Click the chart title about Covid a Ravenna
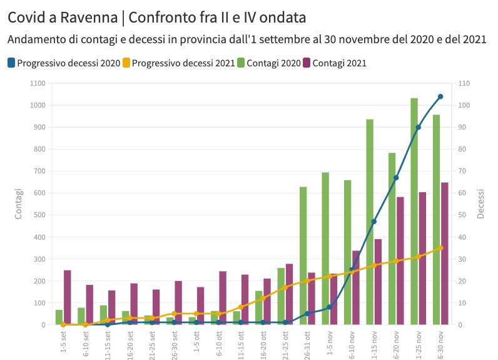[157, 17]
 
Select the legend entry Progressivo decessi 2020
[64, 63]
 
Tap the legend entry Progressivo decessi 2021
[178, 63]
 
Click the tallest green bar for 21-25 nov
[414, 212]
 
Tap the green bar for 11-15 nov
[370, 222]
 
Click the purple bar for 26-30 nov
[444, 254]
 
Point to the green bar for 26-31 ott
[303, 255]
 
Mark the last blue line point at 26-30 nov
[440, 96]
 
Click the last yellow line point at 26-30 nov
[440, 248]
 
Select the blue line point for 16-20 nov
[396, 178]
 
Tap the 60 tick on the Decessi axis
[463, 193]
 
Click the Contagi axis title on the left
[18, 203]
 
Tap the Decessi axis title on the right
[481, 203]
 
